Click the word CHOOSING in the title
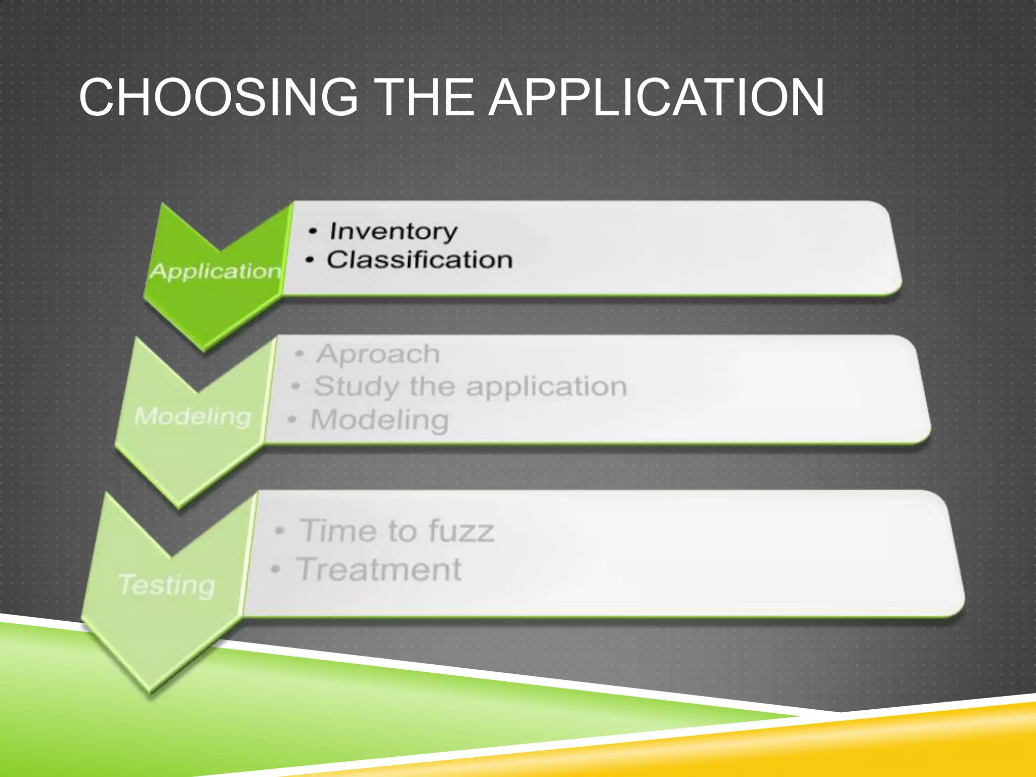[x=218, y=97]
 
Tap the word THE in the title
[x=425, y=97]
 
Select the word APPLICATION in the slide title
[x=656, y=97]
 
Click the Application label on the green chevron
[x=215, y=272]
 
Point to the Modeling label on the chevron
[x=193, y=416]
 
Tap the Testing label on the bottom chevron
[x=167, y=585]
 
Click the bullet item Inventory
[x=394, y=232]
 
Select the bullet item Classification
[x=420, y=260]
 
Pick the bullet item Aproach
[x=378, y=354]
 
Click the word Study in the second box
[x=357, y=387]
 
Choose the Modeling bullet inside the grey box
[x=380, y=420]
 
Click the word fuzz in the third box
[x=461, y=531]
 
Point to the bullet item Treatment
[x=379, y=570]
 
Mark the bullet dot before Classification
[x=310, y=261]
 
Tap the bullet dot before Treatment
[x=275, y=570]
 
